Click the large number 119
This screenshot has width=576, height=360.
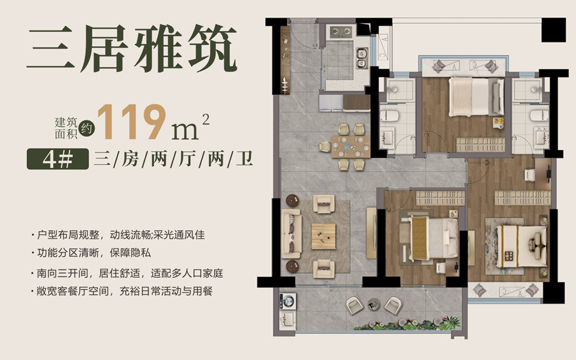[x=131, y=122]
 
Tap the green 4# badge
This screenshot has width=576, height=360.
[x=58, y=159]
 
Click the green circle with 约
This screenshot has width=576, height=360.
[x=86, y=128]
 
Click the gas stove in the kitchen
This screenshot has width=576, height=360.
[x=341, y=32]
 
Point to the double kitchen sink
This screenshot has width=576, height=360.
[x=362, y=58]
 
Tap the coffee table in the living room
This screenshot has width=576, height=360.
[x=323, y=236]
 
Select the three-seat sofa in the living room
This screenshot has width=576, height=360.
[x=292, y=233]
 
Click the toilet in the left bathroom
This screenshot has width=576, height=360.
[x=389, y=115]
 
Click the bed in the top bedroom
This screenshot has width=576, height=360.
[x=476, y=97]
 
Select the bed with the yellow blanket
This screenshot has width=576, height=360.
[x=433, y=238]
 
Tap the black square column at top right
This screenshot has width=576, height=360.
[x=554, y=30]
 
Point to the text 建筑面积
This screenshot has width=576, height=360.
[x=66, y=128]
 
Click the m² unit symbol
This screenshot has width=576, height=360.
[x=190, y=127]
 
